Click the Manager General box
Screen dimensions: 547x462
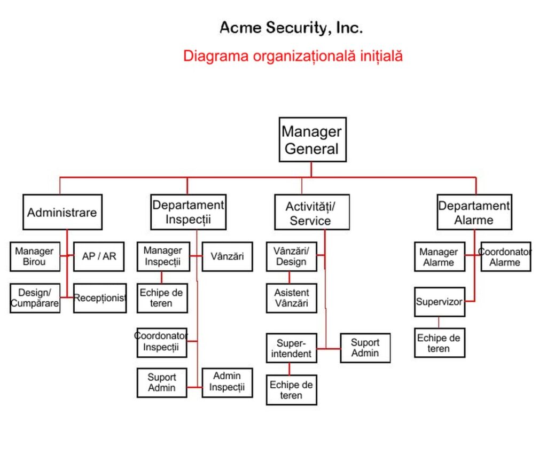312,139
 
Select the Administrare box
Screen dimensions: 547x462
62,212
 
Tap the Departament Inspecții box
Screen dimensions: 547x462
189,212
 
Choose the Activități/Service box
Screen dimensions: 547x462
312,212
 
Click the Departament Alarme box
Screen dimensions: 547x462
474,212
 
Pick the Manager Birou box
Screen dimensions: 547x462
35,256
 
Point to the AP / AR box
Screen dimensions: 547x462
99,256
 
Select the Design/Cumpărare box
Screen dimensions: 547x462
35,298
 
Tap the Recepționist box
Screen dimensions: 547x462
100,298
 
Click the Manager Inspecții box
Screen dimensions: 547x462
163,256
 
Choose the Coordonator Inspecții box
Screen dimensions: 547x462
162,343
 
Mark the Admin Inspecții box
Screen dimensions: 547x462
227,383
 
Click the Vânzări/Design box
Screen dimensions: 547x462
292,256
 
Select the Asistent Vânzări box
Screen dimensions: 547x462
292,298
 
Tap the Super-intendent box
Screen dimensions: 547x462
292,348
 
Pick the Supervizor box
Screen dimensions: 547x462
440,302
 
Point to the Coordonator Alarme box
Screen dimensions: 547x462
506,256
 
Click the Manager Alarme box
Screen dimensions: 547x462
440,256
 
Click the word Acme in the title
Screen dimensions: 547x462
240,28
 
